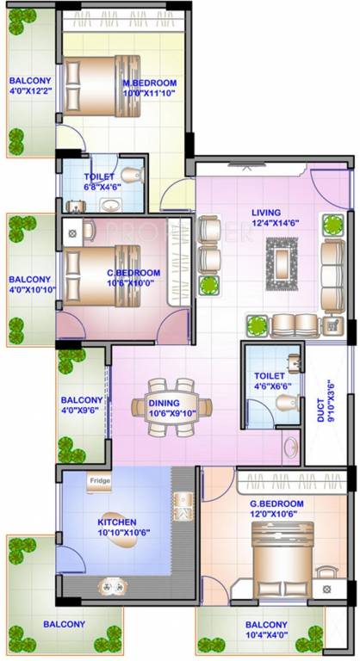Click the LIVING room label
(266, 212)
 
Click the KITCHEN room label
(116, 522)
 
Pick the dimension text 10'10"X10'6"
(116, 533)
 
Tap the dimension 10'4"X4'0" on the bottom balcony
(266, 635)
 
